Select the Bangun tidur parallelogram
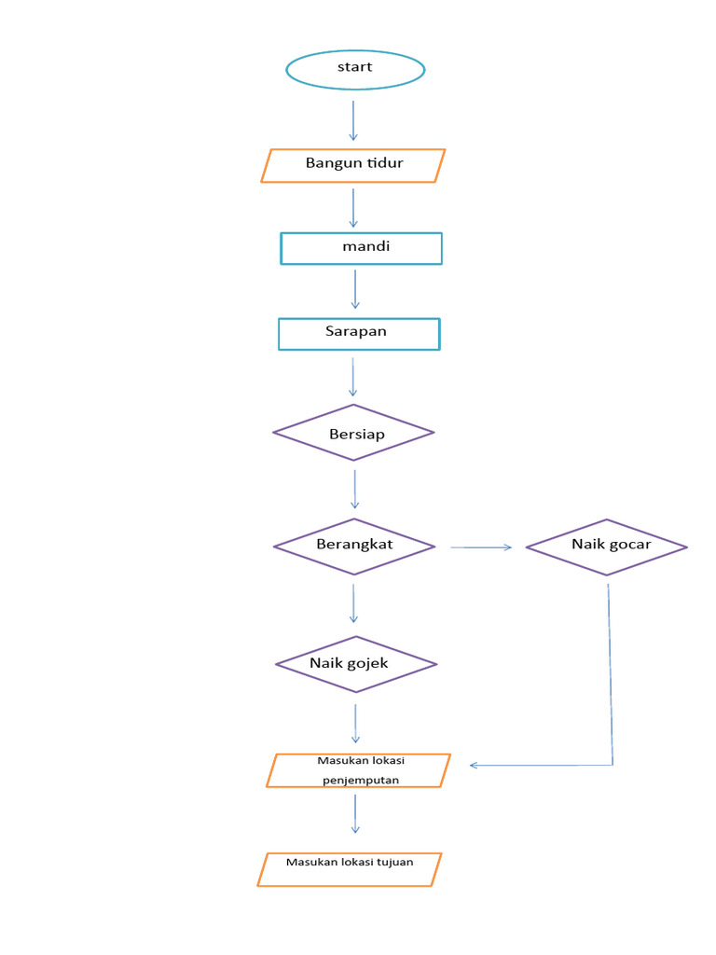click(x=353, y=165)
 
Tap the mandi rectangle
click(x=361, y=249)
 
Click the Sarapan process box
click(x=358, y=334)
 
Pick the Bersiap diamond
click(x=353, y=433)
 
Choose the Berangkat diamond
click(x=354, y=547)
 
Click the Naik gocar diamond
click(x=606, y=547)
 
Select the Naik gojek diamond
click(x=356, y=664)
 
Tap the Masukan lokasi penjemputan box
click(x=358, y=770)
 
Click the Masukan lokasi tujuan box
click(x=349, y=869)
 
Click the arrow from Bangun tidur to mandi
click(x=353, y=207)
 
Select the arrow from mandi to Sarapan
click(x=355, y=289)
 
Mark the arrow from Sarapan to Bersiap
click(x=353, y=377)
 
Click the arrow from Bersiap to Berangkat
click(x=354, y=489)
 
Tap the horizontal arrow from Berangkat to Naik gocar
click(x=481, y=547)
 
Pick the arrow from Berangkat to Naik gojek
click(x=353, y=602)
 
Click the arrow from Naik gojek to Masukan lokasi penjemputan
click(x=355, y=723)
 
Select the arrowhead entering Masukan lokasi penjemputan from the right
click(x=475, y=765)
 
